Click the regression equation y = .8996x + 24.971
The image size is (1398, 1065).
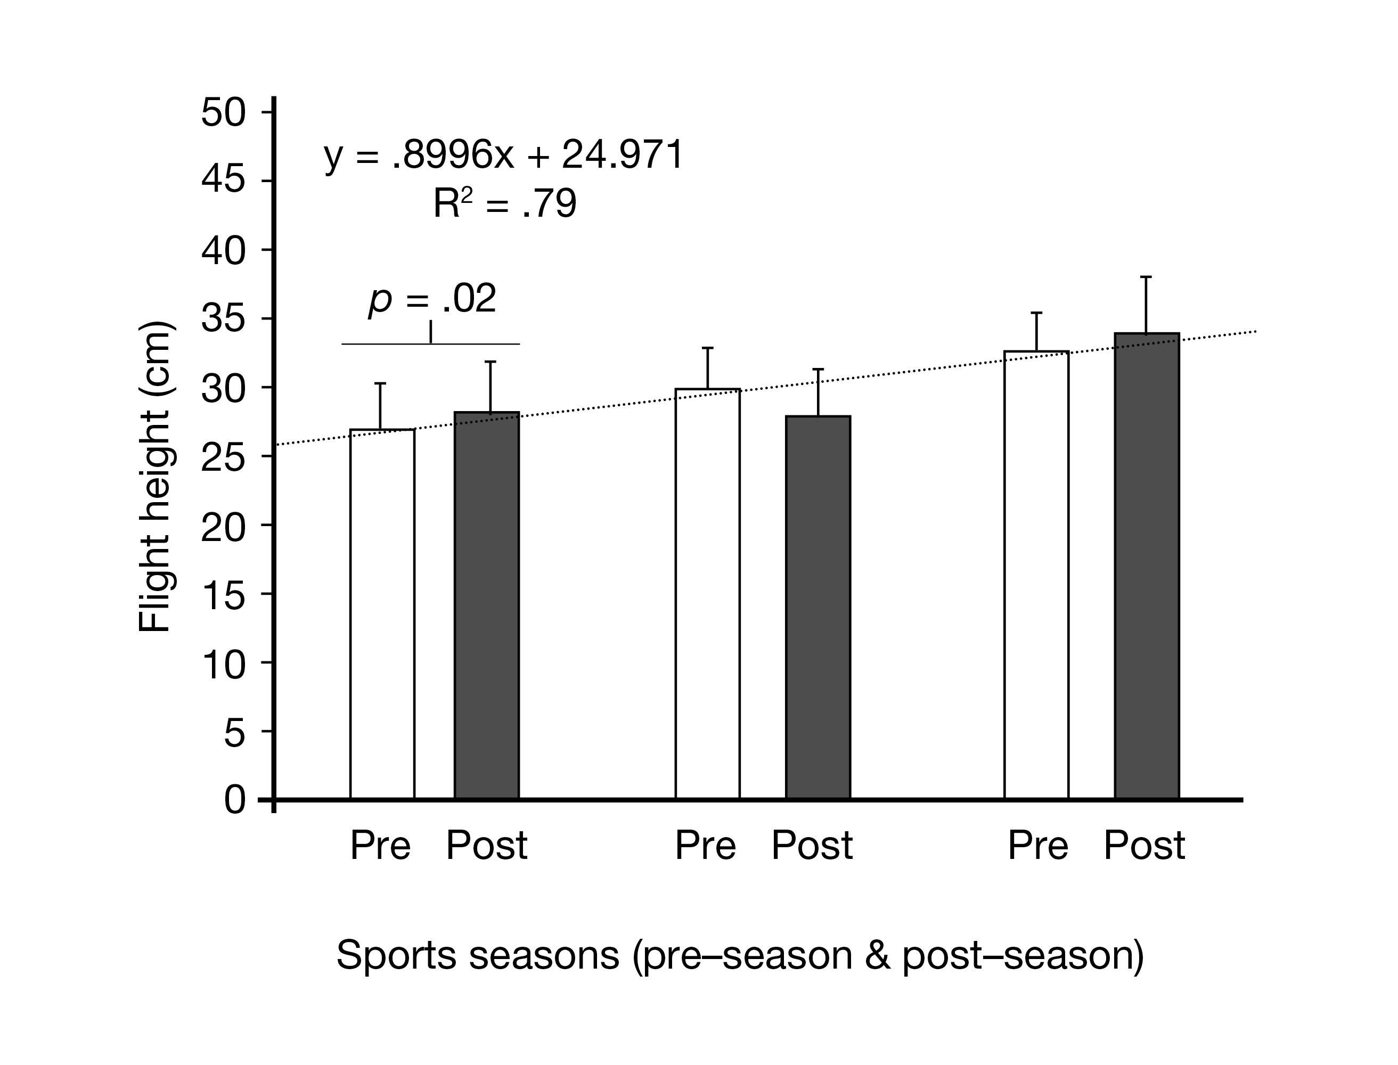click(x=504, y=155)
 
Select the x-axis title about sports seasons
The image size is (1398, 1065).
click(x=740, y=955)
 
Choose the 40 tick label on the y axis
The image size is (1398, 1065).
click(x=223, y=251)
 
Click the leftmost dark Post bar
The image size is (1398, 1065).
click(x=487, y=605)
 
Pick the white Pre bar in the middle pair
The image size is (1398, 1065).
click(x=708, y=593)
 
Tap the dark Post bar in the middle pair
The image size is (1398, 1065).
click(x=818, y=607)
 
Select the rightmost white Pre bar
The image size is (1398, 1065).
click(x=1036, y=575)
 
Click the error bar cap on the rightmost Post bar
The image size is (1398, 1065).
click(x=1146, y=277)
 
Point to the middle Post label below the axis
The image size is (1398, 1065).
click(x=812, y=845)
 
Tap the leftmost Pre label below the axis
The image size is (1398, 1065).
click(x=380, y=845)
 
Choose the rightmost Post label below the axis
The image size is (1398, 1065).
click(x=1144, y=845)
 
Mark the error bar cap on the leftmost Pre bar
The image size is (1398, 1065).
click(x=380, y=383)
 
